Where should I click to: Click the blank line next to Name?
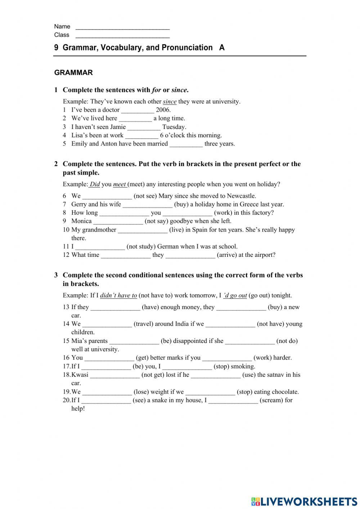[x=122, y=27]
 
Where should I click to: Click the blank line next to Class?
[x=122, y=36]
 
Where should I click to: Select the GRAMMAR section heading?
[x=73, y=73]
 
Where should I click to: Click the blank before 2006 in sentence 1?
[x=138, y=110]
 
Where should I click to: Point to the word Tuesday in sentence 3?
[x=174, y=127]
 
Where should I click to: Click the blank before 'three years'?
[x=186, y=144]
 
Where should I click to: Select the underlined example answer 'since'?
[x=170, y=102]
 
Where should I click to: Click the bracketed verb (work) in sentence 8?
[x=223, y=213]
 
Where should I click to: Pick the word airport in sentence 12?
[x=264, y=255]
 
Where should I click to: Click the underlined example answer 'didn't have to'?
[x=118, y=296]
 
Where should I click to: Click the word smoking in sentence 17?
[x=245, y=366]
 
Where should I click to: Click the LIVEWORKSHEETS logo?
[x=304, y=501]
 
